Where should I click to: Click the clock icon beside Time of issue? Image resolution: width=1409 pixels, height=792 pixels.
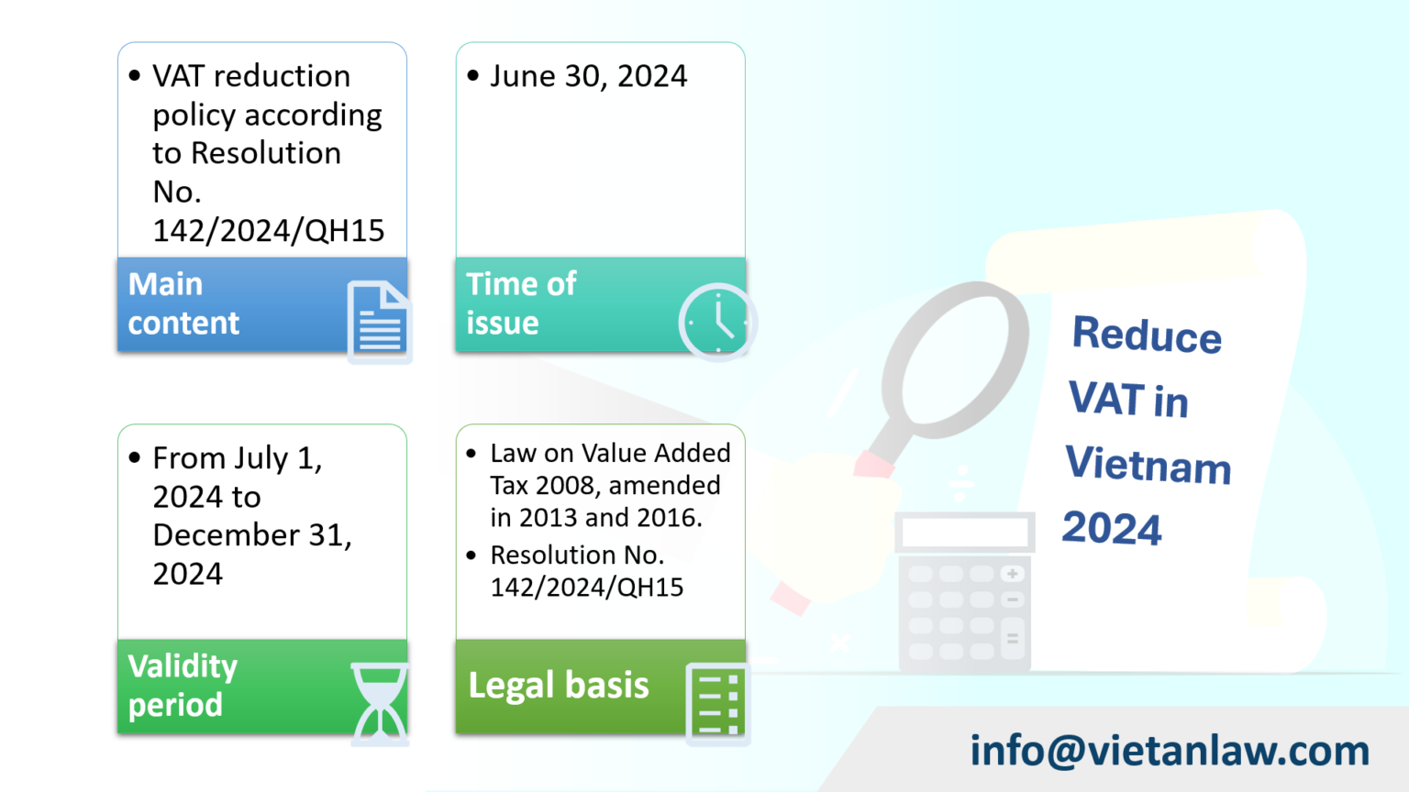(717, 322)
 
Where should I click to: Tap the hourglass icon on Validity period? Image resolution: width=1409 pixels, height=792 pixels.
(379, 704)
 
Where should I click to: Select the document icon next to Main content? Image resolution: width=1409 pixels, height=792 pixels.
(378, 322)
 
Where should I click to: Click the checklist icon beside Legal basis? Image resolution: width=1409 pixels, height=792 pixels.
(716, 703)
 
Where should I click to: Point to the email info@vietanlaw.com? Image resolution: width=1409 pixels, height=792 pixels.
(1170, 750)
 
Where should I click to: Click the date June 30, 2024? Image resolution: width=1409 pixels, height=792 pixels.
(588, 76)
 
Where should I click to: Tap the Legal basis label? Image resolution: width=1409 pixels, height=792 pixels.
(559, 686)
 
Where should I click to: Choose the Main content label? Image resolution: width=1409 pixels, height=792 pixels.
(183, 303)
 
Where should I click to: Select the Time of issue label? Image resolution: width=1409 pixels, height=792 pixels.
(521, 303)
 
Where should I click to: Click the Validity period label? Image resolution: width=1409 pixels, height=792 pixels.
(183, 686)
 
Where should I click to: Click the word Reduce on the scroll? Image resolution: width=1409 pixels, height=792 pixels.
(1147, 334)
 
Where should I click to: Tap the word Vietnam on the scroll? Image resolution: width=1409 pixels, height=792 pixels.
(1148, 464)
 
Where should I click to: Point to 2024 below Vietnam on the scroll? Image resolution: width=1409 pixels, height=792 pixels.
(1112, 528)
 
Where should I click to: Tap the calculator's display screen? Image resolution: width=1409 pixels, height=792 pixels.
(965, 532)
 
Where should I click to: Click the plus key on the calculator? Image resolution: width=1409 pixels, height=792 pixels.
(1013, 574)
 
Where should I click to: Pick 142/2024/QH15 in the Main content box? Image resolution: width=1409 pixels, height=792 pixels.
(269, 231)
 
